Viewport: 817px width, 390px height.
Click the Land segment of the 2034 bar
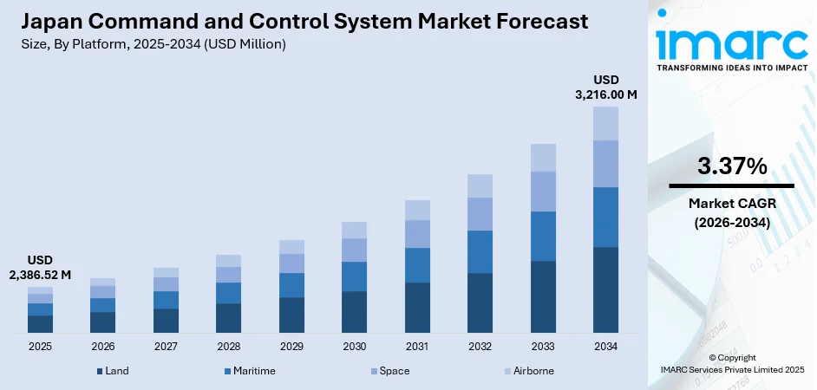605,289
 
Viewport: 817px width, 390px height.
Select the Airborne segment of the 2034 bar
605,123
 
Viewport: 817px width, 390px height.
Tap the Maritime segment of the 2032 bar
480,251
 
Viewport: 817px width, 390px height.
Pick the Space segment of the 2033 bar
543,191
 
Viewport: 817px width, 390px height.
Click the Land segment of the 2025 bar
40,324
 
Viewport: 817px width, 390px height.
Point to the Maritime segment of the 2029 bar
291,285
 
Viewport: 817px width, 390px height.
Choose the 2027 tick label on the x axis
166,347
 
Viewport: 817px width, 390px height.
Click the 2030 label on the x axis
354,347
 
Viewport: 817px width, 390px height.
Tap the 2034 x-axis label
605,347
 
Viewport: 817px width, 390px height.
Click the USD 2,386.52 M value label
41,267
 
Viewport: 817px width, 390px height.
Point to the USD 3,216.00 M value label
605,87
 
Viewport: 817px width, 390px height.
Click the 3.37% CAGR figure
731,166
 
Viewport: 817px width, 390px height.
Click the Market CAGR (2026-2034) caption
731,211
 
